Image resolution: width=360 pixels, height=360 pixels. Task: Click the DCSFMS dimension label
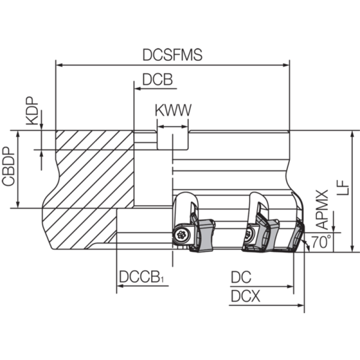pos(172,54)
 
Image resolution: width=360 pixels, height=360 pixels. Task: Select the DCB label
pos(157,80)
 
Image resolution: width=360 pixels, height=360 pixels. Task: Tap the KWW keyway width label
pos(173,110)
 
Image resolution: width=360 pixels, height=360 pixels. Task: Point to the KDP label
pos(31,111)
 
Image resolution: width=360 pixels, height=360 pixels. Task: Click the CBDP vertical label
pos(8,166)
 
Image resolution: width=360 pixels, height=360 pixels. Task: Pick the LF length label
pos(342,188)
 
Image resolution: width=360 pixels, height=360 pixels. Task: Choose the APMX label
pos(322,210)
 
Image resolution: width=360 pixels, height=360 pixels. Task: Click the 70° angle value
pos(321,242)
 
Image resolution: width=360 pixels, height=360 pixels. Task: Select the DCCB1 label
pos(141,277)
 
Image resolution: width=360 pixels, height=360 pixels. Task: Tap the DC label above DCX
pos(241,277)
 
